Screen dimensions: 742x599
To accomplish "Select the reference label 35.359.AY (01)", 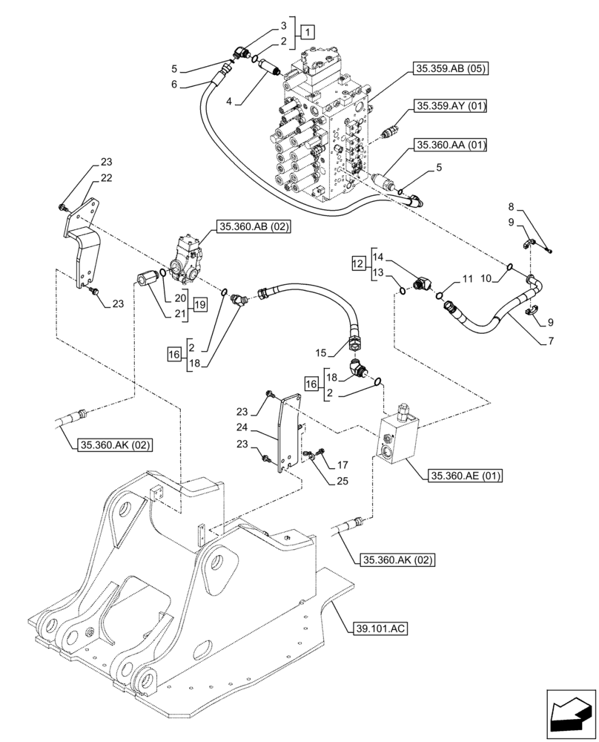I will [451, 106].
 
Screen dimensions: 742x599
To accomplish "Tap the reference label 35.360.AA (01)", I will [451, 145].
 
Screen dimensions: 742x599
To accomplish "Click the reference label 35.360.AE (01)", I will [464, 476].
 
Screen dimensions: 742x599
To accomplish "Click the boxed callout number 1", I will [308, 32].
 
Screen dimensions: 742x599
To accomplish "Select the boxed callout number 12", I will [357, 263].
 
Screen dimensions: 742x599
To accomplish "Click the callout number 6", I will [175, 85].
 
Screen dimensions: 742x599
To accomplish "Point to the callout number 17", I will [342, 465].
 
